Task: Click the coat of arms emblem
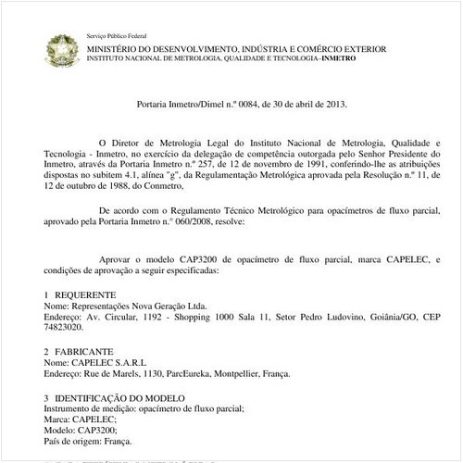tap(63, 48)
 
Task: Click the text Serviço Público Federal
tap(114, 33)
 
